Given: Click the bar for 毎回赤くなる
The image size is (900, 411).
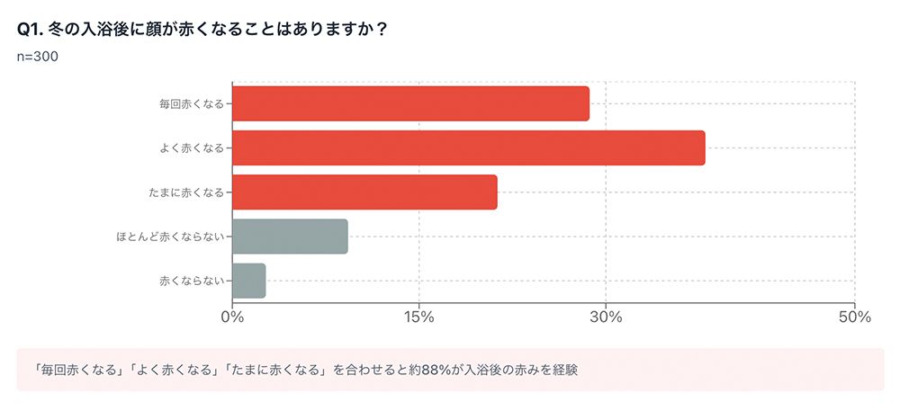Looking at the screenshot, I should pos(410,103).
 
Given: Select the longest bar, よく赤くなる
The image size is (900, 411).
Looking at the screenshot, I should pos(468,147).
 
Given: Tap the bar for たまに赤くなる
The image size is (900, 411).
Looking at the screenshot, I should pos(364,192).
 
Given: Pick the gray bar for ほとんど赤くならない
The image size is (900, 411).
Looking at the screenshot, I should pos(290,236).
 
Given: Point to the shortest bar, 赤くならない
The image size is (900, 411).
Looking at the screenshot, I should pos(248,281).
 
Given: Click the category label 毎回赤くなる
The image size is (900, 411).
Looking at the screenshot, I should pos(191,103).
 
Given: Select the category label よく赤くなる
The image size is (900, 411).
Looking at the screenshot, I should pos(191,147).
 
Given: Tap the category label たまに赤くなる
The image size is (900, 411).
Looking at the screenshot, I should pos(186,192).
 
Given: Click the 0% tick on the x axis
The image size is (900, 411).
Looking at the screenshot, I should pos(232,317).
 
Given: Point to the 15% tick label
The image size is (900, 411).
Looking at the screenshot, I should pos(419,317).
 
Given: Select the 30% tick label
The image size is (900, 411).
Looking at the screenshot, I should pos(606,317).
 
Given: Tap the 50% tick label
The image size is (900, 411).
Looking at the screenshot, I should pos(854,317).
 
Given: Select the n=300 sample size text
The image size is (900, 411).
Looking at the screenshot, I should pos(38,57).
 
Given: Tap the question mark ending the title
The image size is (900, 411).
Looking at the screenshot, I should pos(381,29).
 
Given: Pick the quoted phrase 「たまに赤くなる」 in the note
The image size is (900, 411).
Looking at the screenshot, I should pos(275,370).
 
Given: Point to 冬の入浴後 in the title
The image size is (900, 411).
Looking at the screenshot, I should pos(82,29).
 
